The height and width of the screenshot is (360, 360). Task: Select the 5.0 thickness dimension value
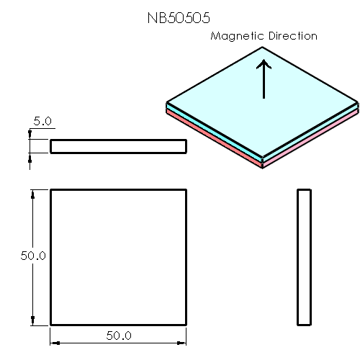(x=42, y=122)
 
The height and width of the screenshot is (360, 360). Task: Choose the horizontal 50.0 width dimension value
(x=119, y=336)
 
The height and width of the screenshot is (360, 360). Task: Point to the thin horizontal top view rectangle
(x=118, y=146)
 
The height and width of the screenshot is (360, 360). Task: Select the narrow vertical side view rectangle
(x=304, y=257)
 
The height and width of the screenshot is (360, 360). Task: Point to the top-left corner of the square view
(x=50, y=189)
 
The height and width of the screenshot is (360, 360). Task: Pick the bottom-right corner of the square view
(x=186, y=325)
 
